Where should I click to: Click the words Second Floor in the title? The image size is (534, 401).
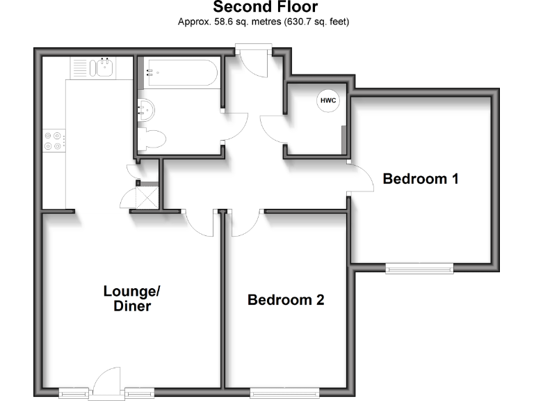pos(265,8)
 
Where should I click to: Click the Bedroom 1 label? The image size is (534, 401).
pos(421,179)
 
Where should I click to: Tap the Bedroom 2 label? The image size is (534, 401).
pos(286,300)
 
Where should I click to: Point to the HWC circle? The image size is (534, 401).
pos(328,101)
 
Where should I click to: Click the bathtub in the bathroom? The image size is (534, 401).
pos(181,72)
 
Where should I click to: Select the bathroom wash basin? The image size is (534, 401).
pos(146,107)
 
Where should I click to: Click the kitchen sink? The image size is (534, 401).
pos(104,68)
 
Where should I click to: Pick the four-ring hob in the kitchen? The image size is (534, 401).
pos(53,141)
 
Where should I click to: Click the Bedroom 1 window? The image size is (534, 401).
pos(420,267)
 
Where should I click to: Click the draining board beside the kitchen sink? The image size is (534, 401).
pos(79,68)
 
